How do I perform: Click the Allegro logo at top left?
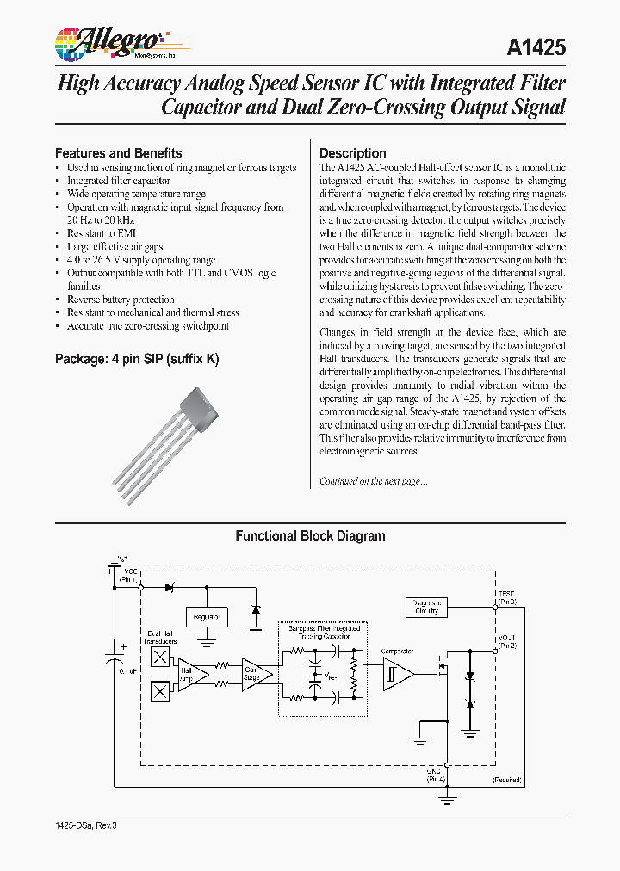pos(113,40)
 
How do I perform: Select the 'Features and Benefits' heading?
pos(119,153)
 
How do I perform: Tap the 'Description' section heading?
pos(353,153)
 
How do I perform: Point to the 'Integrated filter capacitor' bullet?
pos(119,181)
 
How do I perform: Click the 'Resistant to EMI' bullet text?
pos(102,233)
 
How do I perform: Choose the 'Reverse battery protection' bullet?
pos(121,300)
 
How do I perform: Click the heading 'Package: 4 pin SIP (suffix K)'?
pos(137,358)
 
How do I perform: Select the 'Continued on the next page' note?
pos(373,481)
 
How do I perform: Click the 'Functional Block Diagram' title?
pos(310,536)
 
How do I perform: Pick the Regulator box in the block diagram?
pos(207,616)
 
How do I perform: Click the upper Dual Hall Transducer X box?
pos(160,657)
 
